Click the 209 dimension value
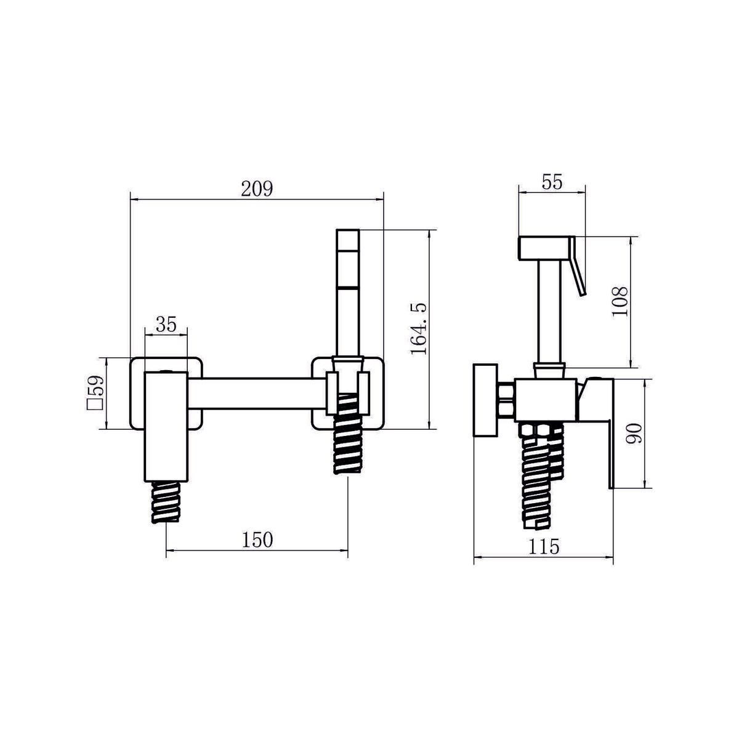pyautogui.click(x=257, y=188)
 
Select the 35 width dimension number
pyautogui.click(x=166, y=325)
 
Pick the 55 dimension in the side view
pyautogui.click(x=552, y=182)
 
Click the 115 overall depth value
pyautogui.click(x=544, y=546)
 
